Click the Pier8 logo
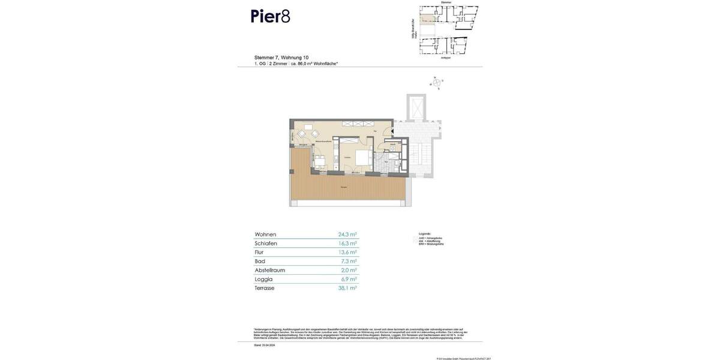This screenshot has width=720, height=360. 270,16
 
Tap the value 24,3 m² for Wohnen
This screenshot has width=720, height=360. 347,235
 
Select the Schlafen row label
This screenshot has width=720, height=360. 266,244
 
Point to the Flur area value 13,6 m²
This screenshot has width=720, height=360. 347,253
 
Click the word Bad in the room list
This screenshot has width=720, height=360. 259,262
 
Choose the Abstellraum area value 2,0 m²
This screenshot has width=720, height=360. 349,271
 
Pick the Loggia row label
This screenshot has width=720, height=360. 264,280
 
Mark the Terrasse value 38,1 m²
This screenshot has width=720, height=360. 347,289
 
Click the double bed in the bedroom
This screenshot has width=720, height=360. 363,157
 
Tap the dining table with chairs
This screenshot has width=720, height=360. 319,161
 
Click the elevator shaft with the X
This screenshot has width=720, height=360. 415,107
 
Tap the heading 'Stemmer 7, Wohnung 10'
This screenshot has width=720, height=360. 281,58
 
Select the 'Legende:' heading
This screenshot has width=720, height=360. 425,233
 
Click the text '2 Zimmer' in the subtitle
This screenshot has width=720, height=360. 278,64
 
